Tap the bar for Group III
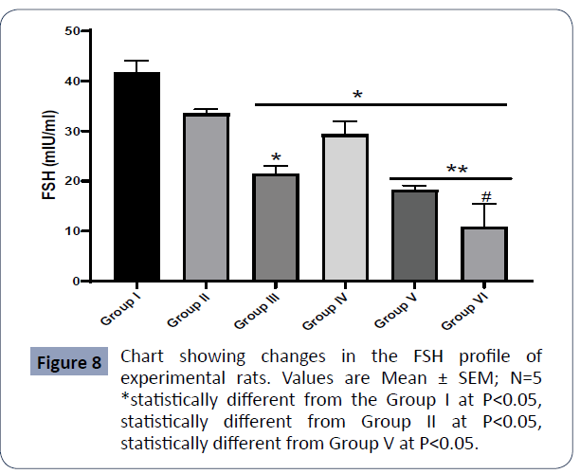[275, 228]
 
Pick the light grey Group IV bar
[344, 208]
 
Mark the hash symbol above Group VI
[484, 197]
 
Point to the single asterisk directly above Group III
[276, 158]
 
